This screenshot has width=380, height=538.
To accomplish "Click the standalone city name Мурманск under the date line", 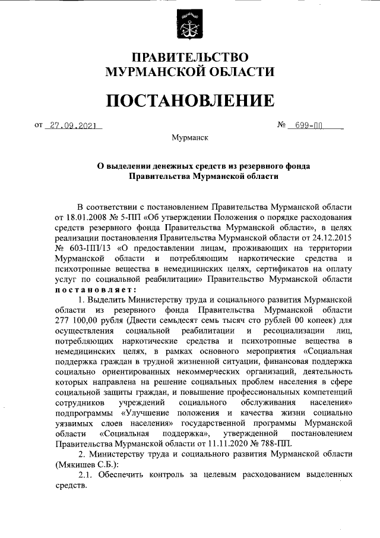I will [189, 137].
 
